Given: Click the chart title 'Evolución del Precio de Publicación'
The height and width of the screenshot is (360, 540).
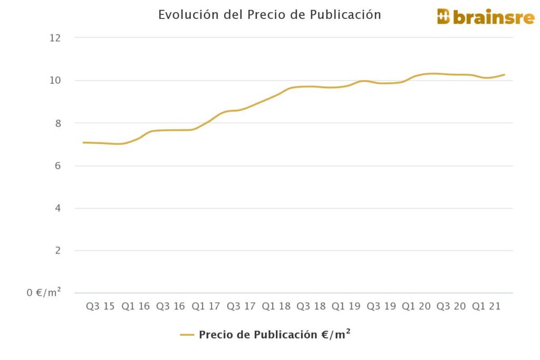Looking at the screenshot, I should tap(269, 15).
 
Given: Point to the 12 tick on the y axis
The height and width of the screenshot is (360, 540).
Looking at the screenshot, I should tap(55, 38).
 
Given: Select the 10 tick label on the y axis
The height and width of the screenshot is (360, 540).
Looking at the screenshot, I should tap(55, 81).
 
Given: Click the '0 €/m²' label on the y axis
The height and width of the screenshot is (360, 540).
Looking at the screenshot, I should tap(44, 292).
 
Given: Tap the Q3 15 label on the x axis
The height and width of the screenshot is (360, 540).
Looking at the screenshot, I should tap(100, 307).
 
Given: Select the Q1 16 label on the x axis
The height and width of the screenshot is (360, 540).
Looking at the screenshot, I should tap(136, 307).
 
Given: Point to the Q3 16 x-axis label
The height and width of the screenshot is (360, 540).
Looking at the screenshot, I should tap(170, 307).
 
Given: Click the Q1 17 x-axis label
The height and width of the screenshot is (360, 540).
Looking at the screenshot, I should tap(206, 307).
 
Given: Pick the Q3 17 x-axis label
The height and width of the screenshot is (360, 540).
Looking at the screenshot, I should tap(240, 307).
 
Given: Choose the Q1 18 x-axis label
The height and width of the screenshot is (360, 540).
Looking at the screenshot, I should tap(276, 307).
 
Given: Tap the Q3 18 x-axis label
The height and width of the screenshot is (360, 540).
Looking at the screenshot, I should tap(311, 307).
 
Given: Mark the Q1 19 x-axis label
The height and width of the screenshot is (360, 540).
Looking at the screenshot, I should tap(346, 307).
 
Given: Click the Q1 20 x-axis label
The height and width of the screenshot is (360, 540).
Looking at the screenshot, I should tap(417, 307).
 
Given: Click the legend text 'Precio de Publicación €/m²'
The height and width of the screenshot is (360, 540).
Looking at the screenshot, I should tap(275, 335).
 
